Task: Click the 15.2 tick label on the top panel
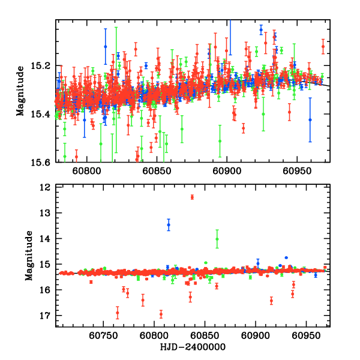[46, 65]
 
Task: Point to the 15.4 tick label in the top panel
[46, 114]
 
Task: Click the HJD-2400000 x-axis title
[193, 347]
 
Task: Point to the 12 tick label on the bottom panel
[48, 188]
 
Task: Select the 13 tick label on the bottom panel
[48, 213]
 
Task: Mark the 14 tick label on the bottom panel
[48, 239]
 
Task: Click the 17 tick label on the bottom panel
[48, 316]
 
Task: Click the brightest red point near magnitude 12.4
[192, 197]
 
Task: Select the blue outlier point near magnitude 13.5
[169, 224]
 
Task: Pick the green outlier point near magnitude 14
[217, 239]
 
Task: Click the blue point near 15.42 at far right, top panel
[310, 119]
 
